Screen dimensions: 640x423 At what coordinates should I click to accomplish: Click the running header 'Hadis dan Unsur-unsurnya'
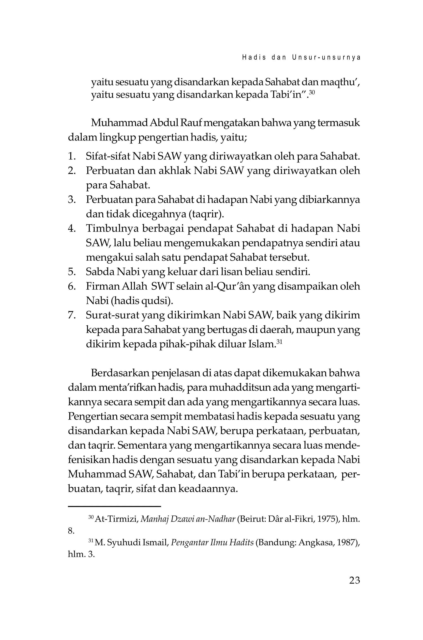(x=301, y=58)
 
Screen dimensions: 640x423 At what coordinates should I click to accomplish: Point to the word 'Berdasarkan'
(x=120, y=373)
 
